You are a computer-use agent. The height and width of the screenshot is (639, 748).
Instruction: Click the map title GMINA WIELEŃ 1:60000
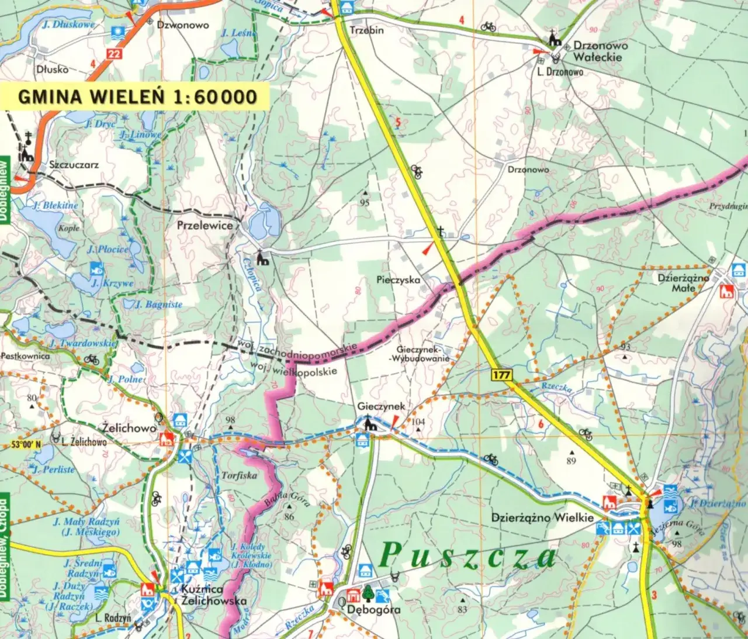pyautogui.click(x=137, y=96)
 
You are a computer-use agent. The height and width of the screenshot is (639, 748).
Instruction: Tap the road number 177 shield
pyautogui.click(x=501, y=375)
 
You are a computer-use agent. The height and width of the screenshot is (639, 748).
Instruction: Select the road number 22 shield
pyautogui.click(x=115, y=54)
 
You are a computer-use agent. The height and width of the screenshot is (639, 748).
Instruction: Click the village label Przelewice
pyautogui.click(x=205, y=225)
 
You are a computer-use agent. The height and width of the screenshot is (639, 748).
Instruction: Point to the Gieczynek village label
pyautogui.click(x=381, y=406)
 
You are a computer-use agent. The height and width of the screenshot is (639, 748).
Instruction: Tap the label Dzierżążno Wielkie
pyautogui.click(x=542, y=517)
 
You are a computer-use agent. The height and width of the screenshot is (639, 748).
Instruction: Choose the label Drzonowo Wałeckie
pyautogui.click(x=600, y=51)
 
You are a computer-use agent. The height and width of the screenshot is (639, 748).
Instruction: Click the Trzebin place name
pyautogui.click(x=366, y=30)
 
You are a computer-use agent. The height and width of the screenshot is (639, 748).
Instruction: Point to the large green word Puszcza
pyautogui.click(x=467, y=555)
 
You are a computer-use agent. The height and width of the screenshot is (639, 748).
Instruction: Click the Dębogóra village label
pyautogui.click(x=374, y=609)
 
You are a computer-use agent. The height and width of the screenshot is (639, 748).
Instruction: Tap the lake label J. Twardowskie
pyautogui.click(x=84, y=343)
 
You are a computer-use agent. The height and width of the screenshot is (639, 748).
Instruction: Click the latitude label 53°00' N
pyautogui.click(x=26, y=444)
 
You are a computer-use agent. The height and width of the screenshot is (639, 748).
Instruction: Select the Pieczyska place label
pyautogui.click(x=398, y=280)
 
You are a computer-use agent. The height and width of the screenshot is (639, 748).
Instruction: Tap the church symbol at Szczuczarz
pyautogui.click(x=26, y=153)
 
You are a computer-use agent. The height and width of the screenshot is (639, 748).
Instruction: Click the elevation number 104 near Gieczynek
pyautogui.click(x=418, y=422)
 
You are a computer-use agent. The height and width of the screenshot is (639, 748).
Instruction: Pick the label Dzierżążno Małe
pyautogui.click(x=683, y=283)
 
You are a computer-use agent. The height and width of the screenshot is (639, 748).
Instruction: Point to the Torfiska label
pyautogui.click(x=239, y=475)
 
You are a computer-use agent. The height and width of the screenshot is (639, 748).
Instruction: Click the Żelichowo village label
pyautogui.click(x=129, y=428)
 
